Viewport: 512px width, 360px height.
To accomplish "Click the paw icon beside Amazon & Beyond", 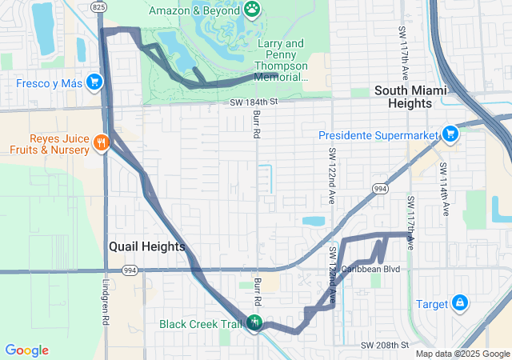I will (x=253, y=9).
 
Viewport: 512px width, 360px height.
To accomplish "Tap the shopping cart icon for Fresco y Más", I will (x=94, y=82).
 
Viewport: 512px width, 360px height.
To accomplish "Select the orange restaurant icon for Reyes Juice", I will (x=101, y=142).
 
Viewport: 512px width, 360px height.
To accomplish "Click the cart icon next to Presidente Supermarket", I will (x=450, y=134).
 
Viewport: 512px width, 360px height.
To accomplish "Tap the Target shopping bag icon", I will (x=460, y=303).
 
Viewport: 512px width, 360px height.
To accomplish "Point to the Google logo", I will (x=26, y=350).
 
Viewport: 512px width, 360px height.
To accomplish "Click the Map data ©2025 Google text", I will (x=462, y=354).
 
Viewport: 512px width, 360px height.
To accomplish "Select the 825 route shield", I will (x=98, y=6).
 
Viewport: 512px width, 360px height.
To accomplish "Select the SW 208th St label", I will (x=385, y=345).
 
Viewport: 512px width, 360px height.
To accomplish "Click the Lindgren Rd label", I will (x=105, y=300).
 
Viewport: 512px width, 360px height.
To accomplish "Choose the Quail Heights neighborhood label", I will (x=146, y=247).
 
